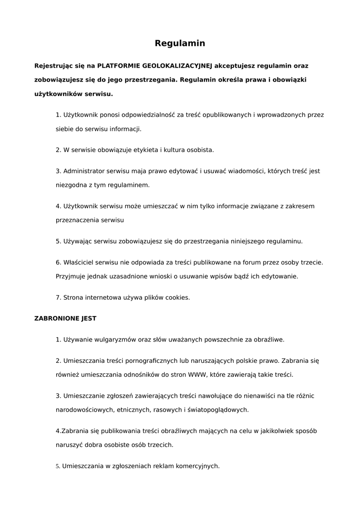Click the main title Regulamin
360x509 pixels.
(x=180, y=43)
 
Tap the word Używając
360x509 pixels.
(x=78, y=241)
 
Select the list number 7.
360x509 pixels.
(x=58, y=298)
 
